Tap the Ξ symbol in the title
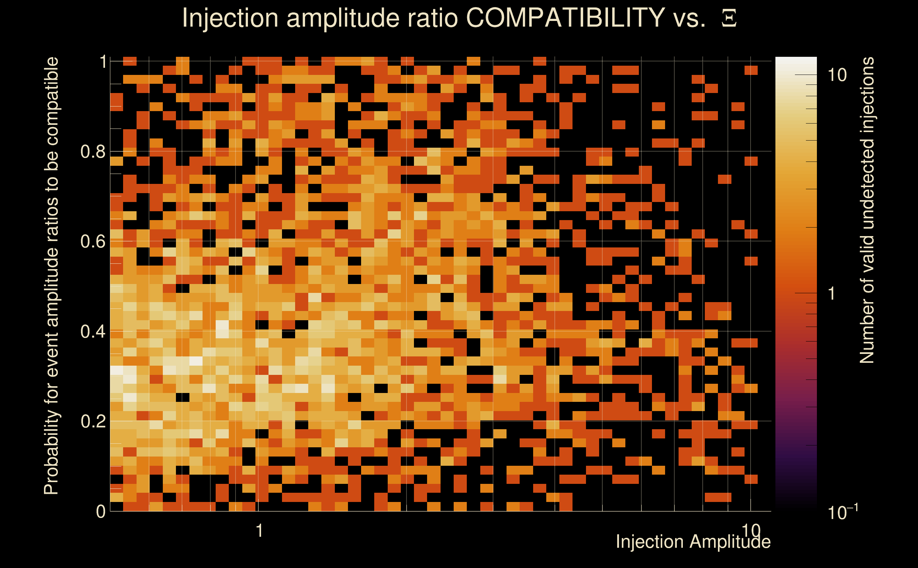pos(729,18)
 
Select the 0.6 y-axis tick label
pos(93,241)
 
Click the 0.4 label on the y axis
pos(93,331)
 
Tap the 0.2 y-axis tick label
pos(93,421)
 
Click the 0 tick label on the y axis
pos(101,511)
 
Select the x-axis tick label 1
pos(259,531)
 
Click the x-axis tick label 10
pos(751,531)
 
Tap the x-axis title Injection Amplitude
pos(693,542)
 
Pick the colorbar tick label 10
pos(837,75)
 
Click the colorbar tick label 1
pos(832,293)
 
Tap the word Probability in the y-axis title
pos(51,453)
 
